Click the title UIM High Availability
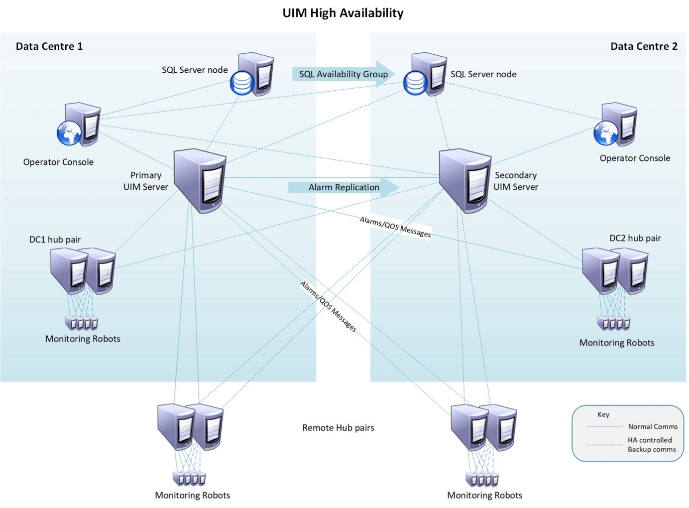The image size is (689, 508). pos(343,13)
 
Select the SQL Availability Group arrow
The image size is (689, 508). pos(344,74)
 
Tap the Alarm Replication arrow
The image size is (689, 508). pos(344,187)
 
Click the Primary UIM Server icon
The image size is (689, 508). pos(200,180)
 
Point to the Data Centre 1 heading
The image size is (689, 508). pos(49,46)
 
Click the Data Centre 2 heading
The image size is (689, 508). pos(644,46)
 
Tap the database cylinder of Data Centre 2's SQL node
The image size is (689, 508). pos(415,83)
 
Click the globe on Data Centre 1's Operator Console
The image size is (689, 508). pos(69,133)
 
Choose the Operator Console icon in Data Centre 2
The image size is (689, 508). pos(616,126)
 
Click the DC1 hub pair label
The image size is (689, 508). pos(55,240)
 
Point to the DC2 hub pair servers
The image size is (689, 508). pos(615,271)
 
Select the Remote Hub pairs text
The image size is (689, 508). pos(338,428)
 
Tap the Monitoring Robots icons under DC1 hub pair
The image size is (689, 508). pos(82,323)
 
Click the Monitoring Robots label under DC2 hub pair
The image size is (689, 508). pos(616,343)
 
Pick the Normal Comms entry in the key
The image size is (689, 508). pos(653,427)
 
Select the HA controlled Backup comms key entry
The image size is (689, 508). pos(651,445)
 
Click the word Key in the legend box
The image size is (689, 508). pos(603,414)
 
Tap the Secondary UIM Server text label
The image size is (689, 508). pos(516,181)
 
